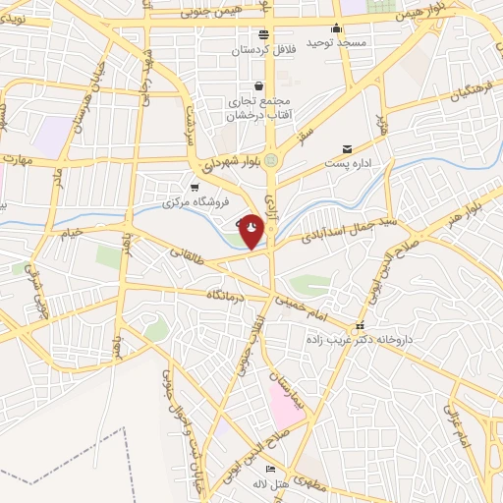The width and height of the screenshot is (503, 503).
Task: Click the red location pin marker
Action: pyautogui.click(x=251, y=232)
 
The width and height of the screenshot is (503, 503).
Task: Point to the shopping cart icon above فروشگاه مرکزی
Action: pyautogui.click(x=195, y=187)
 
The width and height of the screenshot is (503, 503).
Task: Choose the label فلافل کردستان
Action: pyautogui.click(x=264, y=49)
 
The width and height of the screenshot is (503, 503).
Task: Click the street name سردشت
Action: pyautogui.click(x=190, y=124)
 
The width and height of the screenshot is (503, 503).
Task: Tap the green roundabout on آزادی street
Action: pyautogui.click(x=277, y=160)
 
